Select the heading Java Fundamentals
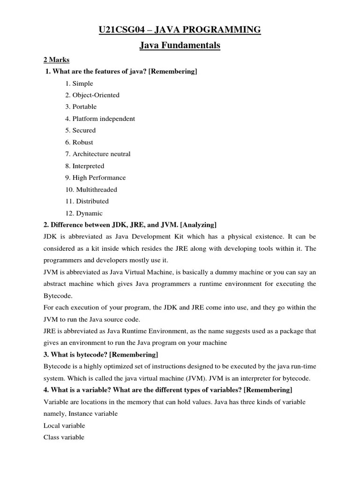180,46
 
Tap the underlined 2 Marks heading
56,60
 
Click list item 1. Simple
79,83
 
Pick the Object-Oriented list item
92,95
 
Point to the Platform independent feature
100,119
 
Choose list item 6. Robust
79,142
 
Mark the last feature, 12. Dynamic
84,213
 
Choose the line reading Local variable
64,426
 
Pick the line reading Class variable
64,437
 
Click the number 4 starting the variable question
45,390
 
